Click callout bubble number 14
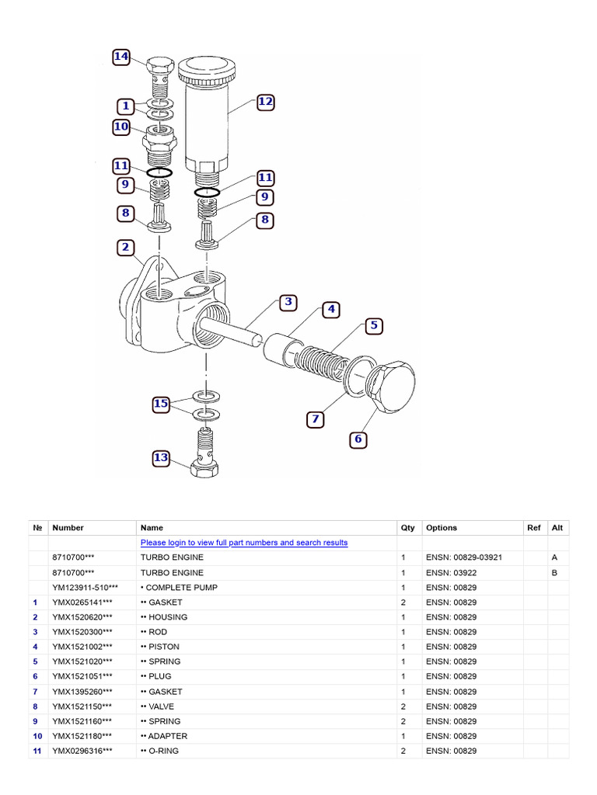pyautogui.click(x=121, y=57)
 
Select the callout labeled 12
pyautogui.click(x=265, y=102)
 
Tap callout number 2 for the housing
pyautogui.click(x=125, y=248)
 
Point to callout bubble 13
pyautogui.click(x=161, y=458)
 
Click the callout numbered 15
pyautogui.click(x=161, y=404)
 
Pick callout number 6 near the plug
pyautogui.click(x=358, y=439)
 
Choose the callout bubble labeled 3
pyautogui.click(x=288, y=302)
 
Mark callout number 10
pyautogui.click(x=121, y=127)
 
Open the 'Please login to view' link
pyautogui.click(x=244, y=543)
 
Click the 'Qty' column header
pyautogui.click(x=407, y=528)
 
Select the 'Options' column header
pyautogui.click(x=442, y=528)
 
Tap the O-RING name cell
pyautogui.click(x=164, y=751)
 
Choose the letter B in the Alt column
pyautogui.click(x=554, y=572)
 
